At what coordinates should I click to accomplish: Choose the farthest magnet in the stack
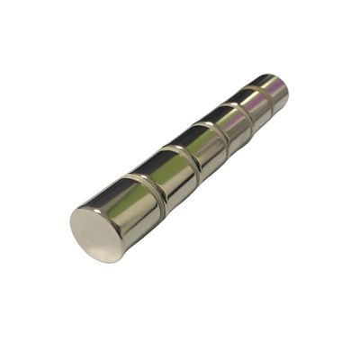(272, 89)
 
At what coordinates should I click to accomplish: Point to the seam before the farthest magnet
(263, 97)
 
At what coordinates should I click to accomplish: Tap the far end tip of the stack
(286, 85)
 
